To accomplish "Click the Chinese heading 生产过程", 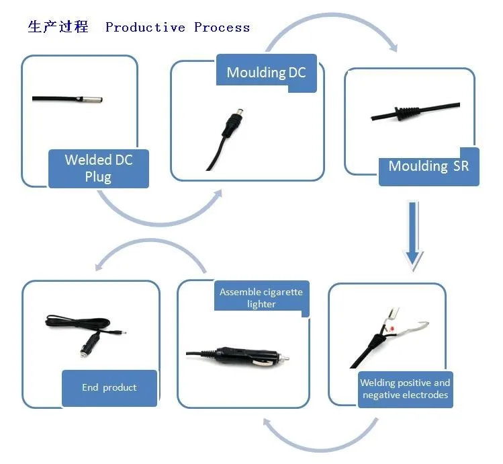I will coord(58,27).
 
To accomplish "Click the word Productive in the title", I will coord(145,28).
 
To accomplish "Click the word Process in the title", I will coord(222,28).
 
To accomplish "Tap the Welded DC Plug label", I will coord(99,168).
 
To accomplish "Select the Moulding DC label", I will coord(266,73).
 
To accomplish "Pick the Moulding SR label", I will coord(428,166).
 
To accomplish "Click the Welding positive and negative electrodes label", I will coord(405,389).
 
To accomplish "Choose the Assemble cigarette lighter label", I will coord(261,298).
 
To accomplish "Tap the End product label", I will coord(109,388).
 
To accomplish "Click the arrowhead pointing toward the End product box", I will coord(99,266).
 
